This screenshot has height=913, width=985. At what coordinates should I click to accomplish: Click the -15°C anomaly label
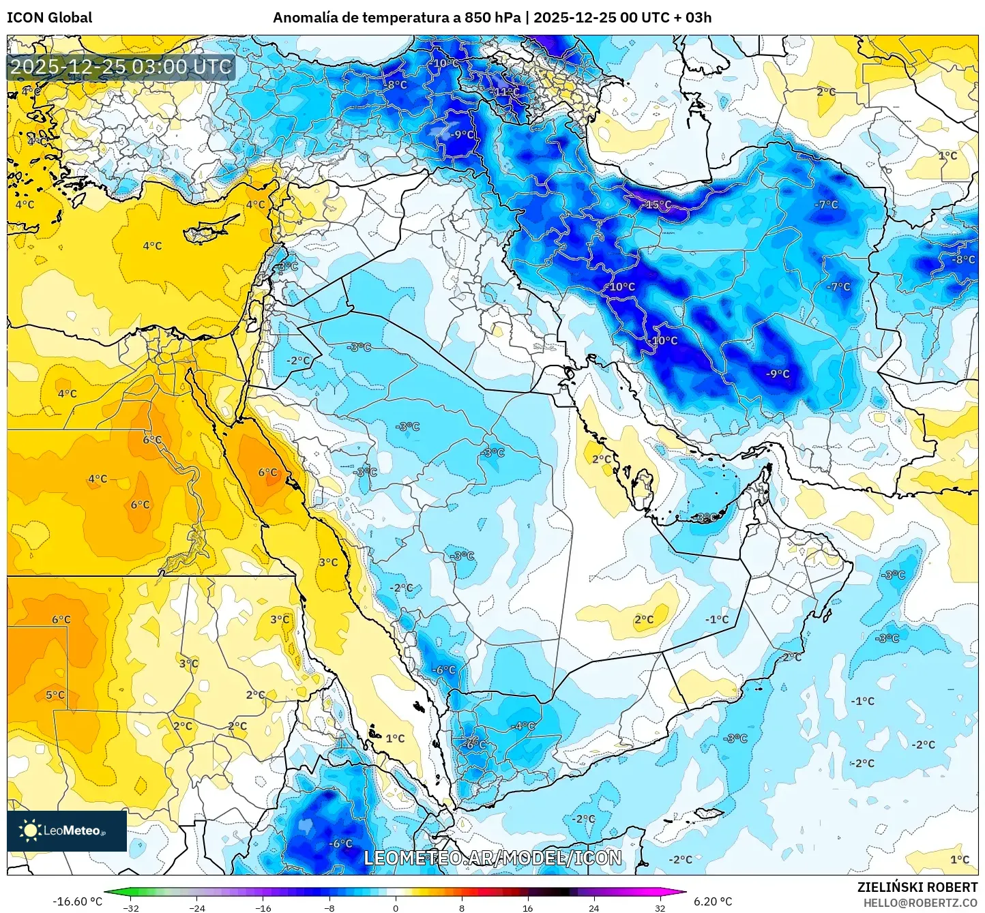coord(658,205)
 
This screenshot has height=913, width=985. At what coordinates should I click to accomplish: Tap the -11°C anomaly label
coord(506,92)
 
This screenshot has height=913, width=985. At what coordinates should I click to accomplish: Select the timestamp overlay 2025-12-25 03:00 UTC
coord(121,67)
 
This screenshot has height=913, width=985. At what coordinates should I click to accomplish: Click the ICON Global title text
coord(49,18)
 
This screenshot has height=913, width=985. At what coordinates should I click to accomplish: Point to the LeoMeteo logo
coord(67,830)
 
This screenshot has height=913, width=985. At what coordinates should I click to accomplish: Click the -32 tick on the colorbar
coord(131,908)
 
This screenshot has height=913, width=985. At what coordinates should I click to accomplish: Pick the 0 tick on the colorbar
coord(396,908)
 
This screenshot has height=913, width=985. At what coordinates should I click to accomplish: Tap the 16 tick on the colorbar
coord(527,908)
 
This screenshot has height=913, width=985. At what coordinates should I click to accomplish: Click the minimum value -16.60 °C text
coord(77,901)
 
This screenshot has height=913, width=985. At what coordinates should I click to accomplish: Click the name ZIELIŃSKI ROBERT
coord(917,887)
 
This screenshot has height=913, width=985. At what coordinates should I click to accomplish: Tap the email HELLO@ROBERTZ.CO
coord(920,903)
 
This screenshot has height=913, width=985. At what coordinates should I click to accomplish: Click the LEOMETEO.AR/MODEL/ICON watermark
coord(492,858)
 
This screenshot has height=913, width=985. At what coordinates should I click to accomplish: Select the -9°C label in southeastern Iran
coord(778,374)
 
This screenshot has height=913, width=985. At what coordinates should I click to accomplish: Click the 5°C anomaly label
coord(55,695)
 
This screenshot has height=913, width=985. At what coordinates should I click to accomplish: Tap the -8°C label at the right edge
coord(964,260)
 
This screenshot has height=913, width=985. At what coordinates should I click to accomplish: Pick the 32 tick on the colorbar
coord(660,908)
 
